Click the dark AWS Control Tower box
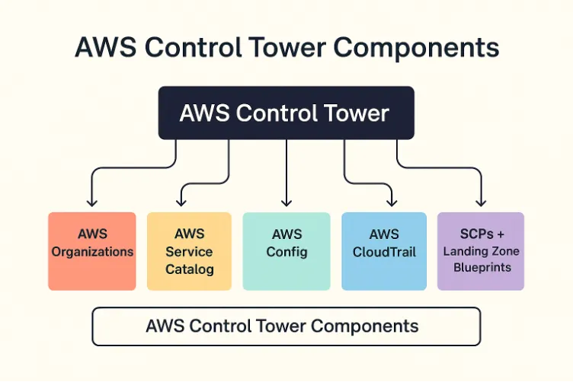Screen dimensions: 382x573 pyautogui.click(x=286, y=113)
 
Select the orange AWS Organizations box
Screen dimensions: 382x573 pyautogui.click(x=92, y=251)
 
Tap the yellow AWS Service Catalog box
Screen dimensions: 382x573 pyautogui.click(x=189, y=251)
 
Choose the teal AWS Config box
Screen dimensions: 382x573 pyautogui.click(x=286, y=251)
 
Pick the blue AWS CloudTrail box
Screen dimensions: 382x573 pyautogui.click(x=384, y=251)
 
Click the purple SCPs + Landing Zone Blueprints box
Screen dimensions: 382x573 pyautogui.click(x=481, y=251)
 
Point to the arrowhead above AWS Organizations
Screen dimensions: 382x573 pyautogui.click(x=91, y=202)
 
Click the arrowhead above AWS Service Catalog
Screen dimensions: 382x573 pyautogui.click(x=181, y=202)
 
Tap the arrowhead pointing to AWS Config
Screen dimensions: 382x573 pyautogui.click(x=286, y=202)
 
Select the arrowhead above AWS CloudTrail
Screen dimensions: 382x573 pyautogui.click(x=392, y=202)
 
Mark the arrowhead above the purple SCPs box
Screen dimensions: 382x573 pyautogui.click(x=481, y=202)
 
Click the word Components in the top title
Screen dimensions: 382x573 pyautogui.click(x=418, y=47)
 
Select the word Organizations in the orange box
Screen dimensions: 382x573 pyautogui.click(x=92, y=252)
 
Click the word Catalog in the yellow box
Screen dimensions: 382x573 pyautogui.click(x=189, y=269)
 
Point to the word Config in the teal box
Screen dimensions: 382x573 pyautogui.click(x=286, y=252)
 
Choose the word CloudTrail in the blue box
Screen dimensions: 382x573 pyautogui.click(x=384, y=252)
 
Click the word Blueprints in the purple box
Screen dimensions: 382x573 pyautogui.click(x=481, y=268)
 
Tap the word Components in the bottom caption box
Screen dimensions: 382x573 pyautogui.click(x=364, y=326)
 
